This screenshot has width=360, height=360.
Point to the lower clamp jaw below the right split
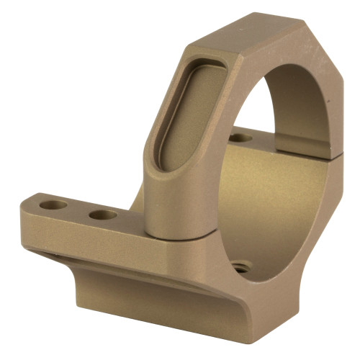click(324, 202)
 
